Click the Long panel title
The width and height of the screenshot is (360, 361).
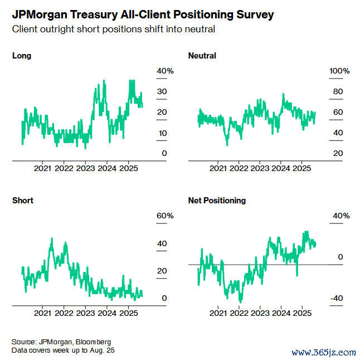pyautogui.click(x=22, y=56)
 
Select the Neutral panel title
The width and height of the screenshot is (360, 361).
pyautogui.click(x=202, y=56)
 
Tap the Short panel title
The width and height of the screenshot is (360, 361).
pyautogui.click(x=22, y=201)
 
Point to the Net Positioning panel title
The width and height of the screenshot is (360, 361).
pyautogui.click(x=217, y=201)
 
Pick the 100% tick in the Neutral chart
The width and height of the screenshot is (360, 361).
pyautogui.click(x=340, y=71)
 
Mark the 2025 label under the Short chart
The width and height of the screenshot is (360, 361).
pyautogui.click(x=129, y=313)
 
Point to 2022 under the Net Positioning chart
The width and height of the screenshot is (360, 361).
pyautogui.click(x=239, y=313)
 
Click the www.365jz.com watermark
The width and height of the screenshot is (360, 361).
pyautogui.click(x=324, y=352)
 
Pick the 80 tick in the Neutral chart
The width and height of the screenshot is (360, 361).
pyautogui.click(x=338, y=92)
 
